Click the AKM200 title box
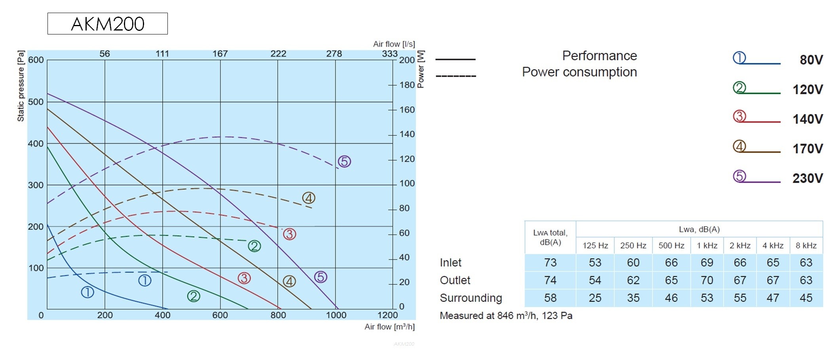pos(108,24)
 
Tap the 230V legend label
pos(808,178)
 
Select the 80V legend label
pos(811,60)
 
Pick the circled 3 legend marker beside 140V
pos(739,116)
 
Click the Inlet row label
pos(450,263)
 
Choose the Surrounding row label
pos(471,298)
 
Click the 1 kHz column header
pos(707,246)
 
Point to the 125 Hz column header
pos(595,246)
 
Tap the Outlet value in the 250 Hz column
pos(633,280)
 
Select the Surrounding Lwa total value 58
pos(550,298)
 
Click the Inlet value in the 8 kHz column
pos(806,263)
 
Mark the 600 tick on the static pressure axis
pos(36,60)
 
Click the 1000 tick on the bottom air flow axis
pos(336,315)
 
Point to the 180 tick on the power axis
pos(407,85)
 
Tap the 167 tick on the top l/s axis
pos(220,54)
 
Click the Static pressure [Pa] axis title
pos(21,86)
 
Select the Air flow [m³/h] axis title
pos(390,327)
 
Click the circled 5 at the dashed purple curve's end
pos(344,162)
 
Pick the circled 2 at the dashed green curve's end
pos(255,246)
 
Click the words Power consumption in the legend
pos(580,72)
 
